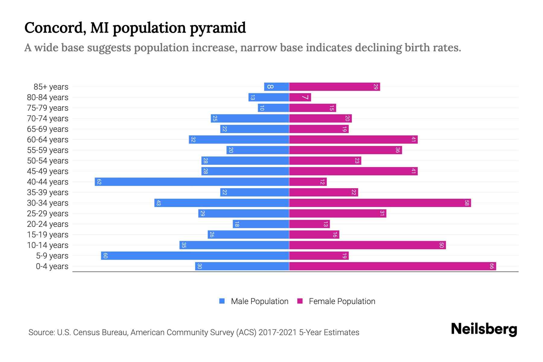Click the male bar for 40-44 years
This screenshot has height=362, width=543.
[192, 182]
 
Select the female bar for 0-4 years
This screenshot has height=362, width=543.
[392, 266]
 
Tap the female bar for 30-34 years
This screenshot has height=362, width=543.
[380, 203]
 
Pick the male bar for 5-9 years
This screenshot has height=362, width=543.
[195, 256]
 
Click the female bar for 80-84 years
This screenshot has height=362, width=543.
[300, 97]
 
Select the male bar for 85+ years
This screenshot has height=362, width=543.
[277, 87]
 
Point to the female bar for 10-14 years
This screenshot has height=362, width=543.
[367, 245]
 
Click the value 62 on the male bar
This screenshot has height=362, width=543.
[99, 182]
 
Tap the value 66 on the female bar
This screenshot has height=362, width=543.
[492, 266]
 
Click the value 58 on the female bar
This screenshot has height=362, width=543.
[467, 203]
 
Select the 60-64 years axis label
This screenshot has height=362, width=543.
[48, 140]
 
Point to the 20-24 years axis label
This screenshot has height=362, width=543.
[48, 224]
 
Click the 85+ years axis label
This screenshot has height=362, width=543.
[51, 87]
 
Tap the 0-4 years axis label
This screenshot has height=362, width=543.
[52, 266]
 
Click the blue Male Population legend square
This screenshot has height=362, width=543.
[222, 301]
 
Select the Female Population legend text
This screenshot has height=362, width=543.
[342, 301]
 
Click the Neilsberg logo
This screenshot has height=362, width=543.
[484, 329]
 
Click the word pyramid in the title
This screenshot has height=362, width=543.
[218, 28]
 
